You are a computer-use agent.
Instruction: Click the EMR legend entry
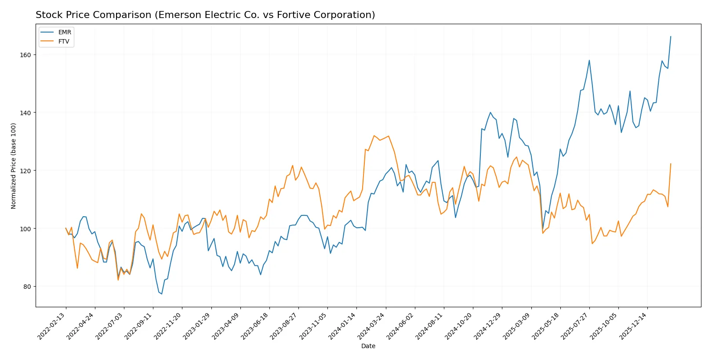64,32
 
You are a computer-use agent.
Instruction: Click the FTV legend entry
64,41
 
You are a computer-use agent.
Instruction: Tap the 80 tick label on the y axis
27,287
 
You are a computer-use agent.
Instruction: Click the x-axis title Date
368,346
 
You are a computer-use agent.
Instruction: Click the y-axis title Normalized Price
14,166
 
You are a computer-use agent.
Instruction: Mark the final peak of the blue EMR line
671,36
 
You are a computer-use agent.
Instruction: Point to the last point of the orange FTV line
671,164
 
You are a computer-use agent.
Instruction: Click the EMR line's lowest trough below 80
162,294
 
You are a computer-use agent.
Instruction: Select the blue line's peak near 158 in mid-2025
589,60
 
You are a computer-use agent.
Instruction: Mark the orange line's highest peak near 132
374,135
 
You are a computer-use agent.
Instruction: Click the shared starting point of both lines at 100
66,228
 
